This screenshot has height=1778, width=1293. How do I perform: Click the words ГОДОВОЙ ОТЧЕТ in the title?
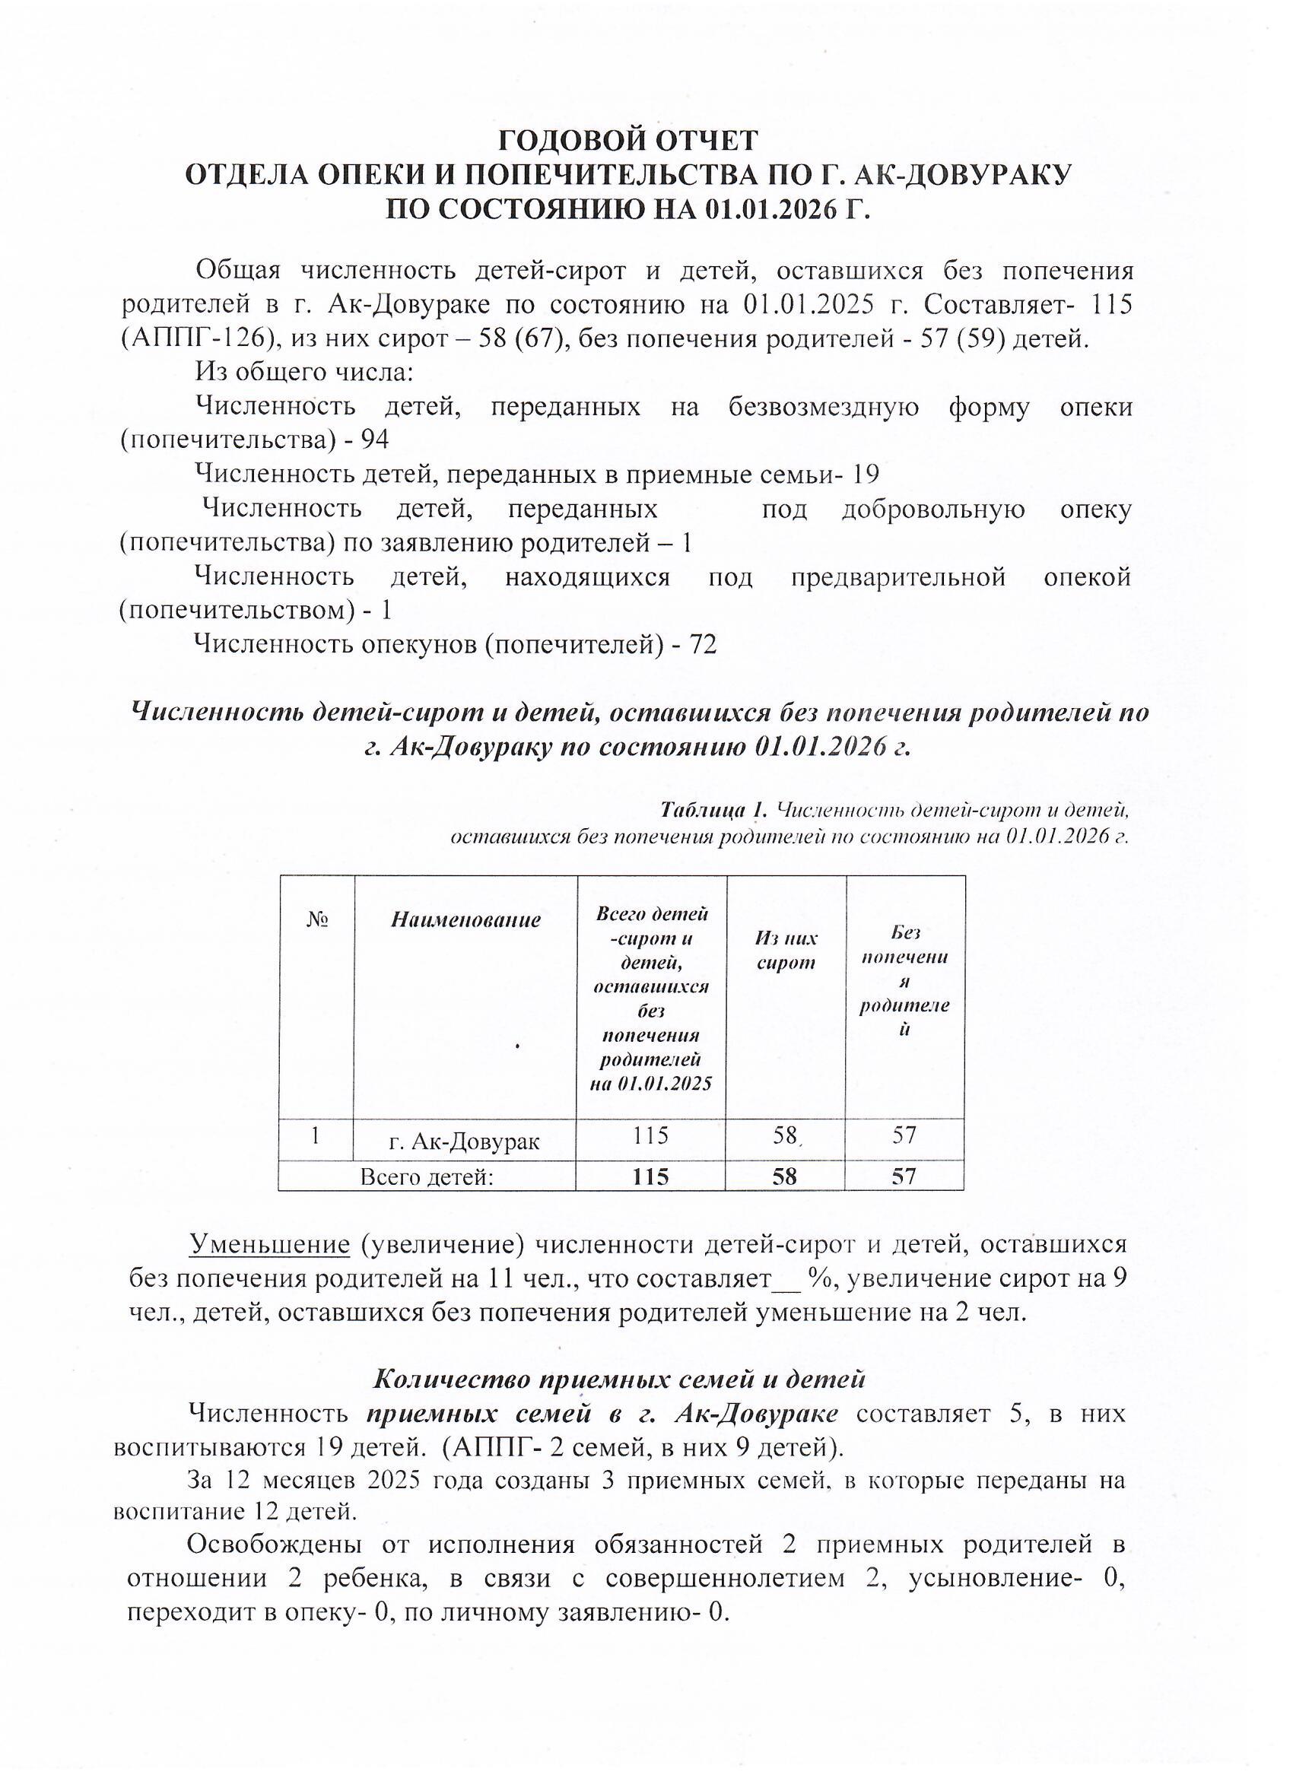628,141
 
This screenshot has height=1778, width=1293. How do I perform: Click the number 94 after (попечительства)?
374,440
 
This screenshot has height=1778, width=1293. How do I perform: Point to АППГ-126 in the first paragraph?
197,339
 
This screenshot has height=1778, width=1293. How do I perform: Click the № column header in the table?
316,919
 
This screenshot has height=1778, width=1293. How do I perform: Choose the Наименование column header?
465,919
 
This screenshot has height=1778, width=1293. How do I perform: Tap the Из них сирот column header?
786,949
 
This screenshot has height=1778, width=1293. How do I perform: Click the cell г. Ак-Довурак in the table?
465,1141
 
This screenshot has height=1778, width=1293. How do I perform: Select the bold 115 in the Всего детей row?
652,1176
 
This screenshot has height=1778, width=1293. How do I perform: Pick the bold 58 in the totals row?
785,1176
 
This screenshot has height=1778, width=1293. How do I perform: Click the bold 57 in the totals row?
904,1176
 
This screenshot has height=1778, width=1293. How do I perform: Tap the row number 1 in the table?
315,1136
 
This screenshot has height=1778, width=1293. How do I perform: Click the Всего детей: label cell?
427,1176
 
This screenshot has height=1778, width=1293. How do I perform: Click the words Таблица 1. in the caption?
712,808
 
